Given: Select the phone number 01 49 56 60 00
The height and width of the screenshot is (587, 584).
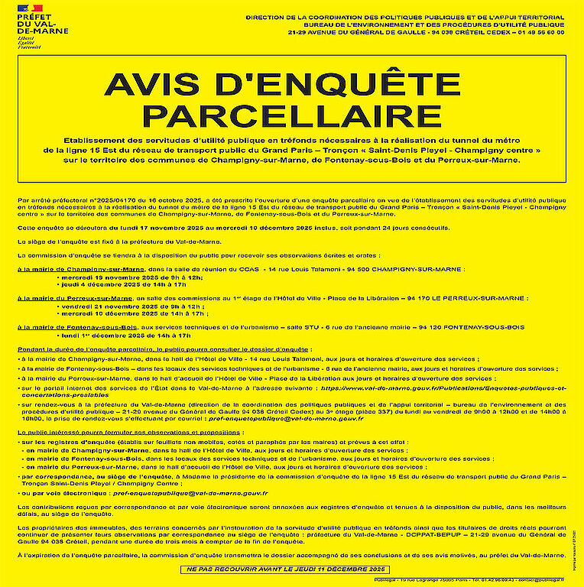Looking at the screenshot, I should (543, 33).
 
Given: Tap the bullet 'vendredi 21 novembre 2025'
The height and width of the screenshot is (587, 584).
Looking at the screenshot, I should (120, 306).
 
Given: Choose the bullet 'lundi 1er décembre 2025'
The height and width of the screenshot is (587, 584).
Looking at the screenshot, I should (125, 335).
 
